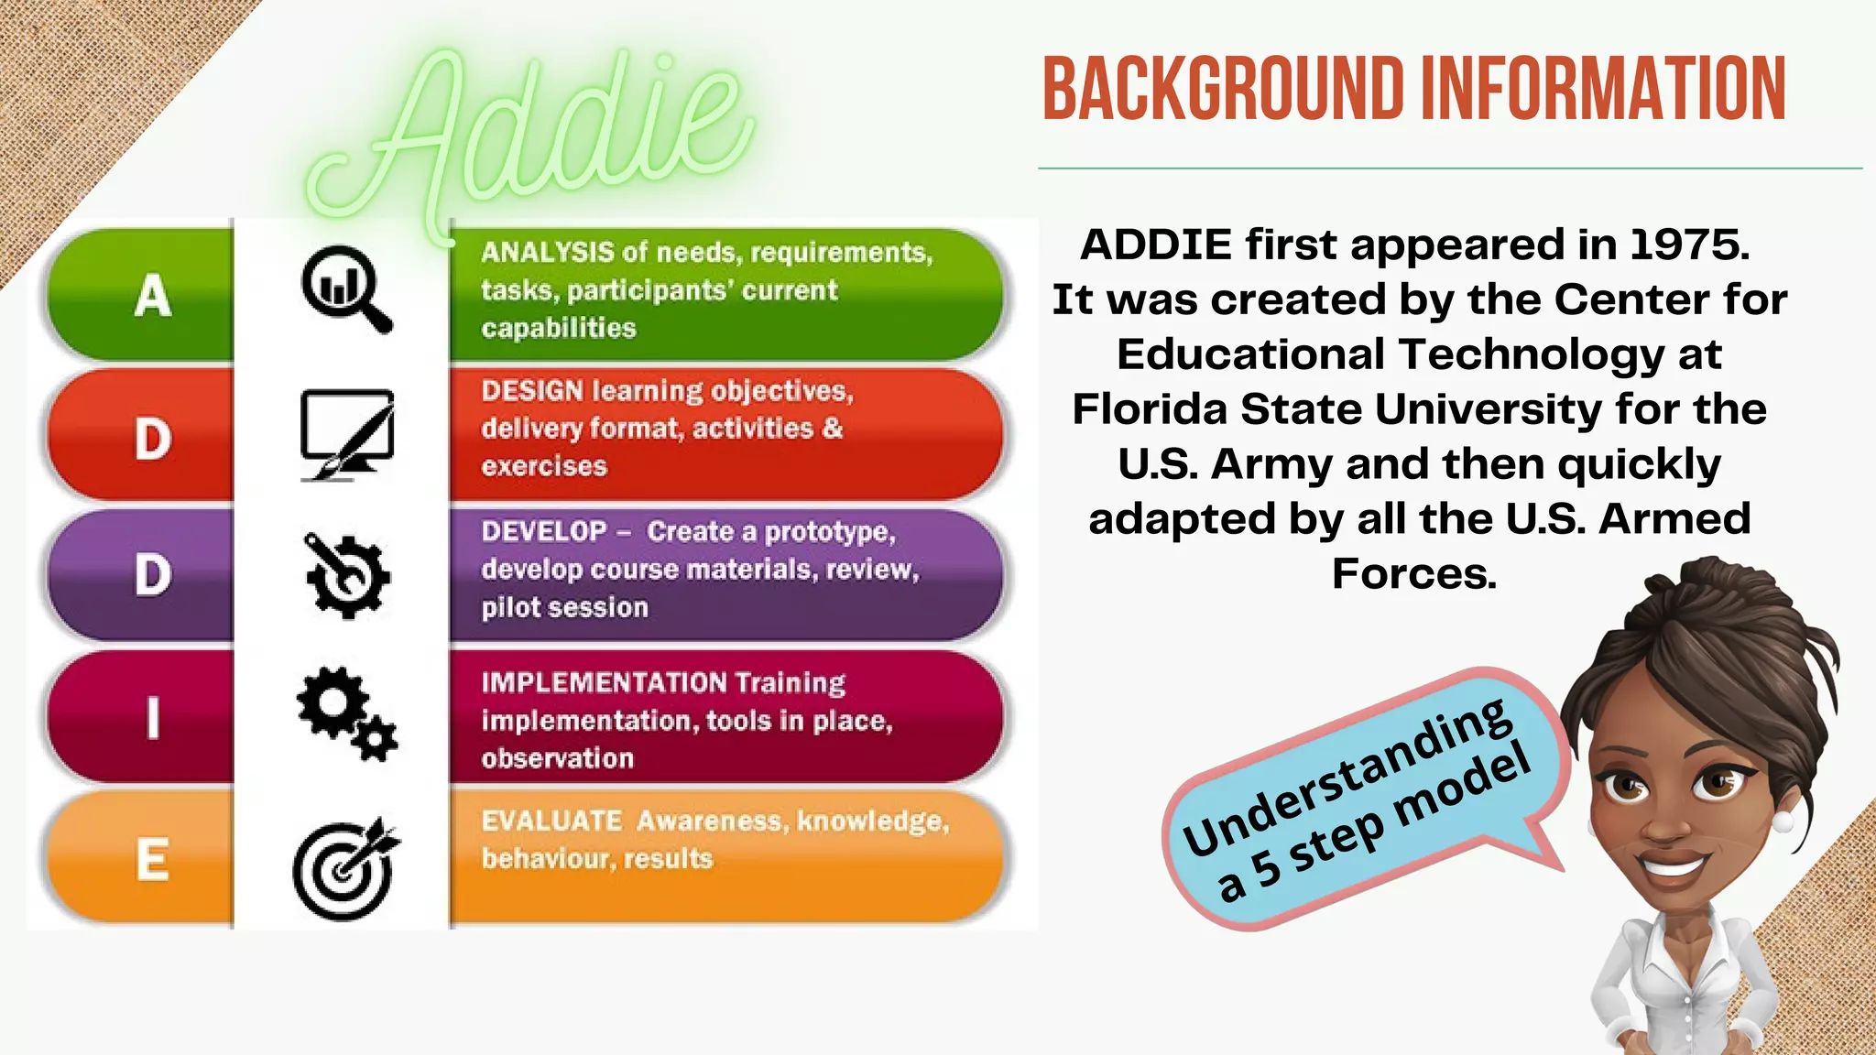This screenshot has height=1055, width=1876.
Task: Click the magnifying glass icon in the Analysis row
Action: [x=345, y=288]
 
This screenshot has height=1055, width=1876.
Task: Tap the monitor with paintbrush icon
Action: [x=347, y=434]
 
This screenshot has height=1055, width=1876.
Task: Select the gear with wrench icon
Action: [x=346, y=575]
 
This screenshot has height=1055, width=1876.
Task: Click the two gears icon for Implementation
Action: [x=346, y=713]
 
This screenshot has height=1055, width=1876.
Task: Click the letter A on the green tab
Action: [x=153, y=296]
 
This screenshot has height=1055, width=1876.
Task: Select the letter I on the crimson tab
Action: [x=153, y=717]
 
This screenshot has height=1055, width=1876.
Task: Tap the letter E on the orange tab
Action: [x=153, y=860]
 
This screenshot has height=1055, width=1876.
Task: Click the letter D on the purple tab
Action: [x=153, y=575]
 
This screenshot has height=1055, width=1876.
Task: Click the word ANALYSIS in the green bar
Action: [x=547, y=252]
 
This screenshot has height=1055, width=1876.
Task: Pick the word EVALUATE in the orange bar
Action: [x=551, y=821]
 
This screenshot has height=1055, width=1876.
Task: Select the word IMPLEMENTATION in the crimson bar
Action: [x=604, y=683]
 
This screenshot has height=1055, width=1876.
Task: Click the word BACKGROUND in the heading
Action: [x=1222, y=89]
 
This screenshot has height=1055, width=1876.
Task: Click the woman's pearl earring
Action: [x=1783, y=819]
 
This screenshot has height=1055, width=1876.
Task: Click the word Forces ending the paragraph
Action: [x=1412, y=574]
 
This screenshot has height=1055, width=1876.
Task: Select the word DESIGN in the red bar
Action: [x=532, y=391]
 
